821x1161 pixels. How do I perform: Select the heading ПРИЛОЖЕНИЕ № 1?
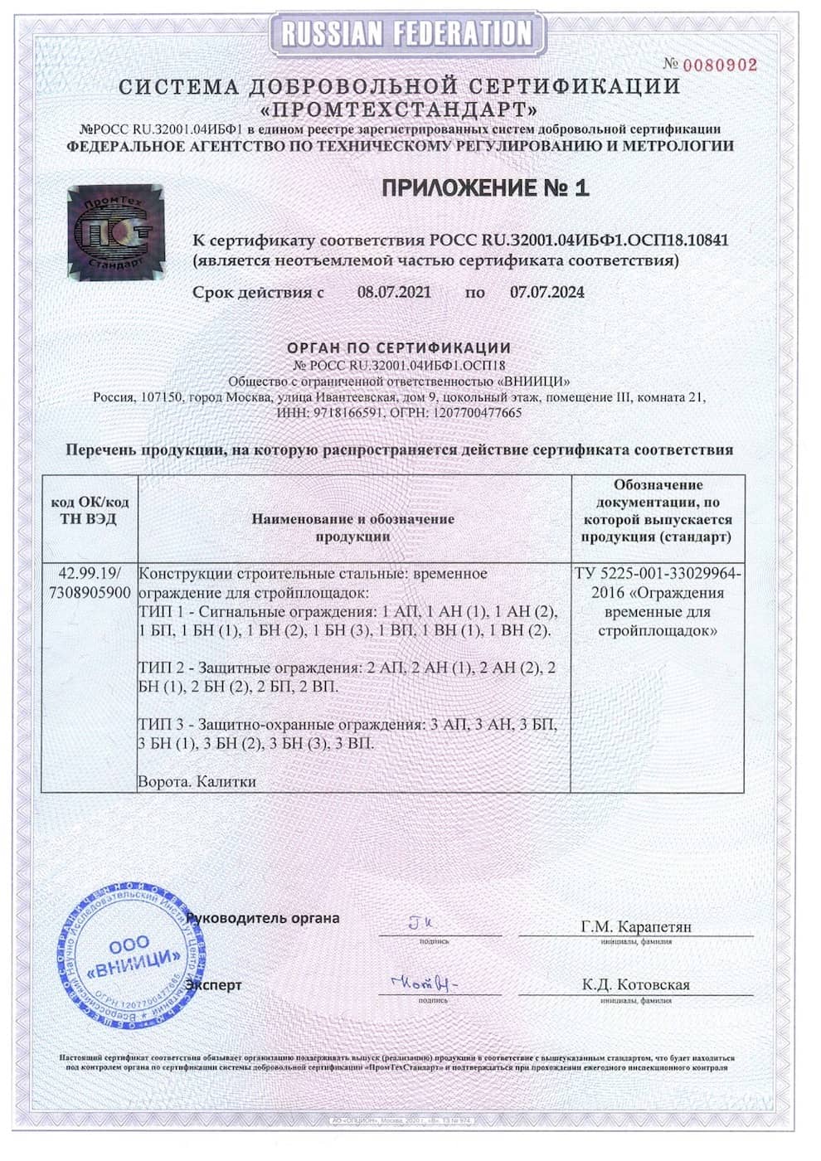coord(485,188)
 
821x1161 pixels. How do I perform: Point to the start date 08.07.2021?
coord(394,292)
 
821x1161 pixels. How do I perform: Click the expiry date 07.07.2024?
coord(547,292)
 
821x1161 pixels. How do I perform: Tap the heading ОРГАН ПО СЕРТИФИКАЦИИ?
coord(399,347)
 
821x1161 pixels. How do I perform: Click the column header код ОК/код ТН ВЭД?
coord(90,511)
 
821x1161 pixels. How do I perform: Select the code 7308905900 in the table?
coord(90,592)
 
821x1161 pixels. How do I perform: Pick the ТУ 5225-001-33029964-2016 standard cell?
coord(658,602)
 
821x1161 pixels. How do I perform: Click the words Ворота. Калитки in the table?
coord(197,781)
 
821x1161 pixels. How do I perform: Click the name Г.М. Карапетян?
coord(636,926)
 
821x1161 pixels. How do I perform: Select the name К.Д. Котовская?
coord(636,984)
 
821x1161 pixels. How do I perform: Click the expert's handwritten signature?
coord(423,983)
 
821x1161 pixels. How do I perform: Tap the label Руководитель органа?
coord(263,918)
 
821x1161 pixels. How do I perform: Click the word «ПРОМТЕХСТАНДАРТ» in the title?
coord(399,109)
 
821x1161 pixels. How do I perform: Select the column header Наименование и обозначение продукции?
coord(353,527)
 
